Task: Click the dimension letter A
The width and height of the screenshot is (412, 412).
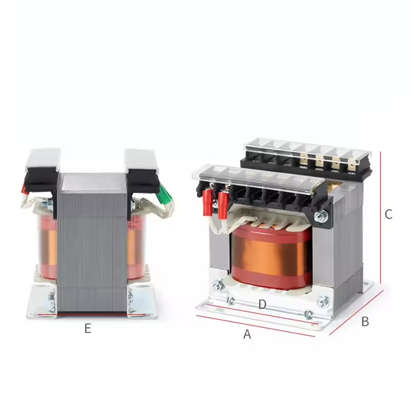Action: (x=247, y=334)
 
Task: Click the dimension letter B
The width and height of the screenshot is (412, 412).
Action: (x=365, y=321)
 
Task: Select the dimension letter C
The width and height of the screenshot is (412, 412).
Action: (x=388, y=214)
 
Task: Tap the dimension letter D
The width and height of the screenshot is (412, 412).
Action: (x=262, y=304)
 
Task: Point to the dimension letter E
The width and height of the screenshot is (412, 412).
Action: (x=88, y=328)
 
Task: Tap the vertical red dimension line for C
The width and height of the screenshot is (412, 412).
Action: (x=381, y=217)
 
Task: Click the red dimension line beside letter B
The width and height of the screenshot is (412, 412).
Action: (x=356, y=313)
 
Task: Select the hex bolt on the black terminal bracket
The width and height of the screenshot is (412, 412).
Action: (x=320, y=217)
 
